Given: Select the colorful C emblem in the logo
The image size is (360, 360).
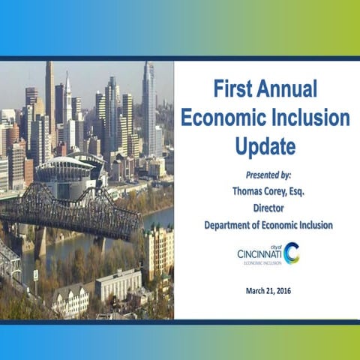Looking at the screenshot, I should [291, 253].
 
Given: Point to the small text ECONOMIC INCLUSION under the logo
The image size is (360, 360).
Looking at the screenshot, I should [259, 262].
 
